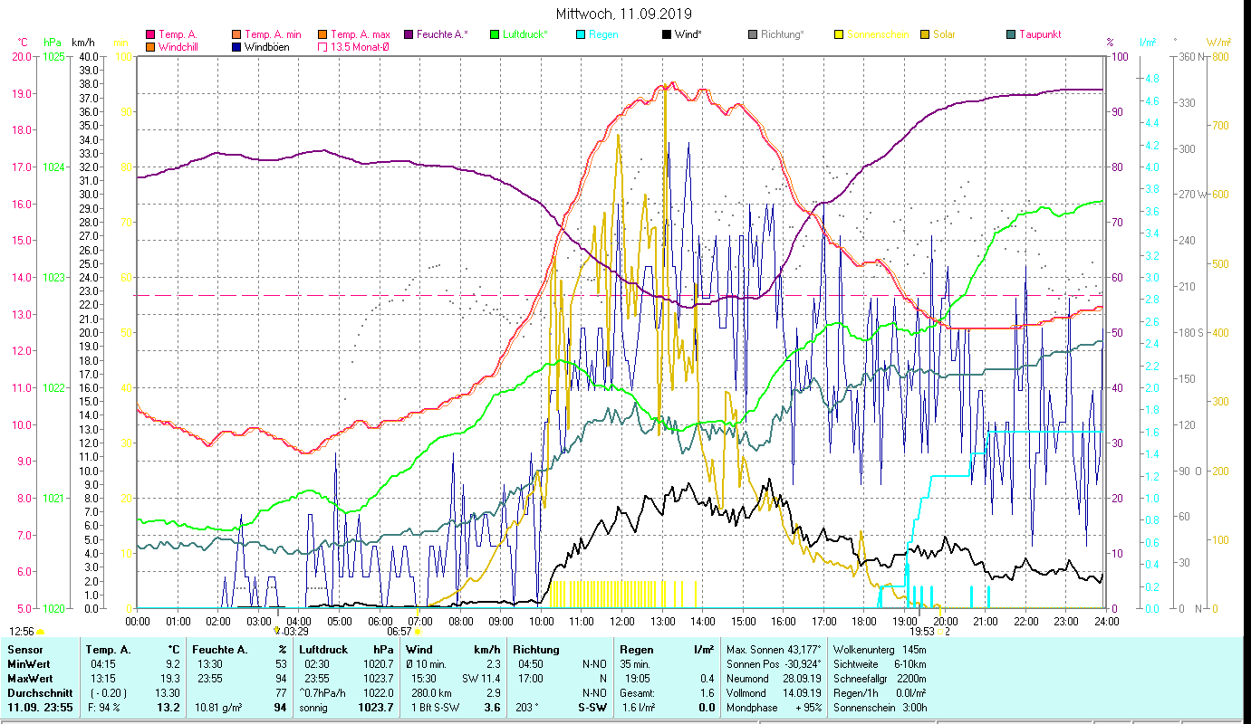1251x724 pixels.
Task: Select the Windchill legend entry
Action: tap(178, 47)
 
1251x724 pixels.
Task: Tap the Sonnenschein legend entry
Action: tap(879, 34)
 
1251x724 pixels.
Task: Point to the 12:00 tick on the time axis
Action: tap(621, 622)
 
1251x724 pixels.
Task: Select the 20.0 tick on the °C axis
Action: tap(22, 56)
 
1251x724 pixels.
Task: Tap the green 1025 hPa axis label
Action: tap(53, 56)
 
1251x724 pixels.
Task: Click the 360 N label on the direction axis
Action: tap(1191, 56)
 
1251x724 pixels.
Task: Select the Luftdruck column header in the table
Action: tap(322, 649)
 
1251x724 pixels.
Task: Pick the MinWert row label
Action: tap(29, 663)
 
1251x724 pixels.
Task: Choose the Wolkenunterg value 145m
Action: tap(914, 649)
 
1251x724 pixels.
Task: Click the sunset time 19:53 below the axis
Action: tap(922, 632)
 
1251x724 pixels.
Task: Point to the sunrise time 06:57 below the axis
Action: tap(399, 632)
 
